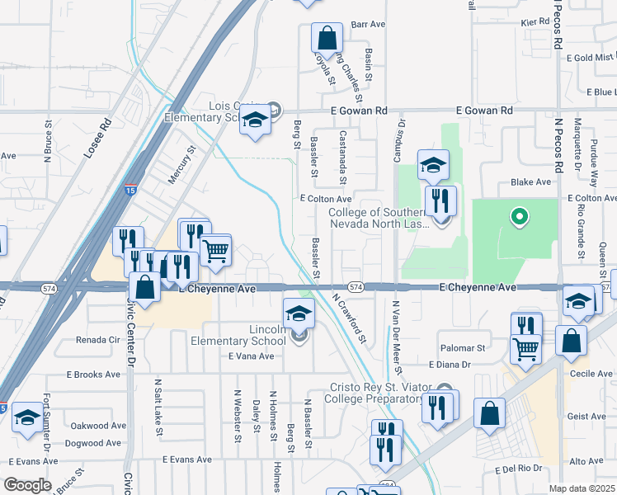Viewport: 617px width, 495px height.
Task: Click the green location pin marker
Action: (x=519, y=217)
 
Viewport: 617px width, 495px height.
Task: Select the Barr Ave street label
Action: (x=369, y=25)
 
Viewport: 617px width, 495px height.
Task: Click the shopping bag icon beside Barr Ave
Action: (x=327, y=39)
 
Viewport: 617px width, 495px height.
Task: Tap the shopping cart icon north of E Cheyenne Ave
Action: (x=215, y=249)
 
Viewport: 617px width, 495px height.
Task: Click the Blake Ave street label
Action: (x=530, y=181)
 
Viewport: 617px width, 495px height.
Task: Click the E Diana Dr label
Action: (x=450, y=364)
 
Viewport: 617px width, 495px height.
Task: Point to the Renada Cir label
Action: (x=98, y=339)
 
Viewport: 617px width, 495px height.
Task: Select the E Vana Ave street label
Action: (x=251, y=356)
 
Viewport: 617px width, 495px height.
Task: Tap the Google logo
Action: (x=27, y=484)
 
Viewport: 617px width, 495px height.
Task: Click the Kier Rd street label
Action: (x=535, y=21)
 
